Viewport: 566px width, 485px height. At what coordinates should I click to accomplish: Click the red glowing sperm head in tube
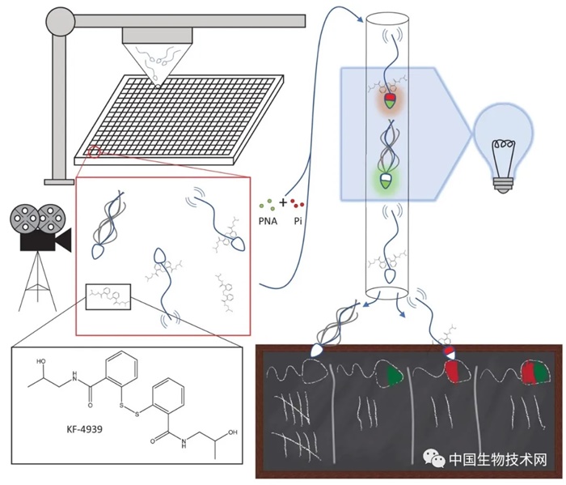390,101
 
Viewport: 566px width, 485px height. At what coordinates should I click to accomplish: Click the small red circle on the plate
95,151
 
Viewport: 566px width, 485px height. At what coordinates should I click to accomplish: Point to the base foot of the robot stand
59,177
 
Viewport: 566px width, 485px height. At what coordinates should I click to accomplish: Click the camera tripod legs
34,279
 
